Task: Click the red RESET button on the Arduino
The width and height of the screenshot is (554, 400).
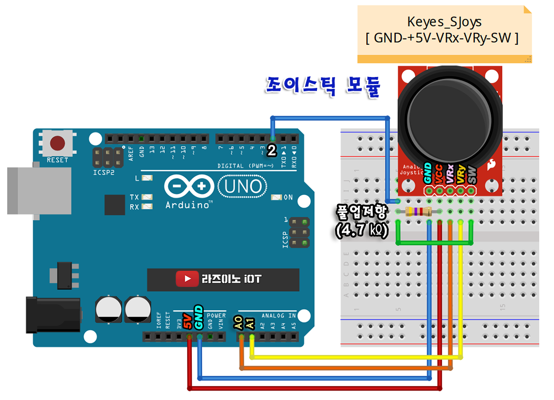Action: point(58,143)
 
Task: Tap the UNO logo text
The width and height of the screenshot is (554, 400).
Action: point(242,187)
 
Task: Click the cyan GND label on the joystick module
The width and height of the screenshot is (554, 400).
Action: point(428,173)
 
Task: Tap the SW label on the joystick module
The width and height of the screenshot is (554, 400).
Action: point(472,174)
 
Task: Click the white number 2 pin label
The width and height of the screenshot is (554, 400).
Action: point(272,151)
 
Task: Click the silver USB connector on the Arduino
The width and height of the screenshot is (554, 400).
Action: point(38,190)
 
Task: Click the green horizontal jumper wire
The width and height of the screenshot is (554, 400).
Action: point(434,243)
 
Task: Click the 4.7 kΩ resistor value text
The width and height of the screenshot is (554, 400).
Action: point(362,231)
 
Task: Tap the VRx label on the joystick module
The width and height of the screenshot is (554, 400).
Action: point(450,174)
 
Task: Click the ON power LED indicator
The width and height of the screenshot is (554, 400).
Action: point(277,197)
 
